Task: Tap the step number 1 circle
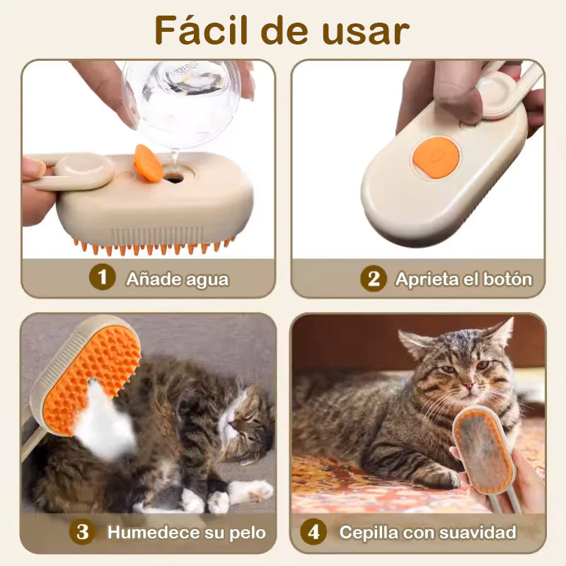pyautogui.click(x=102, y=278)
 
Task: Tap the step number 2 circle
pyautogui.click(x=373, y=278)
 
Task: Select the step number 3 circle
pyautogui.click(x=83, y=532)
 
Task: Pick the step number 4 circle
pyautogui.click(x=313, y=532)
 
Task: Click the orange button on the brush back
pyautogui.click(x=436, y=156)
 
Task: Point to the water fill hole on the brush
pyautogui.click(x=173, y=178)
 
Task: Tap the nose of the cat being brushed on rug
pyautogui.click(x=467, y=386)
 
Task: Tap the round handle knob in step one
pyautogui.click(x=83, y=171)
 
